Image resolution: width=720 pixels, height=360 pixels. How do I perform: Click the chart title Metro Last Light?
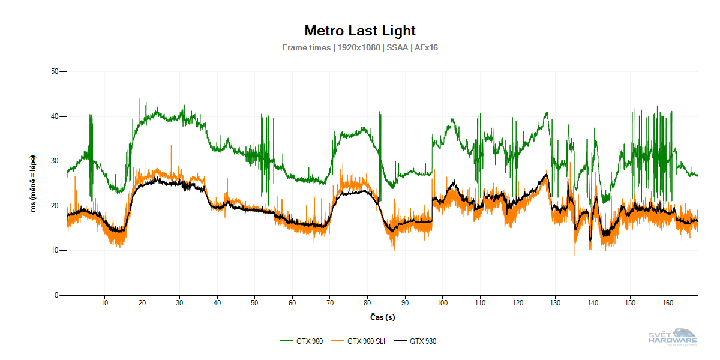click(360, 31)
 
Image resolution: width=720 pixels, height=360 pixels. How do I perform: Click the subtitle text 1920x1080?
click(359, 47)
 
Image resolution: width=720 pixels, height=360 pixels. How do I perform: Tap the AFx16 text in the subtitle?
click(426, 47)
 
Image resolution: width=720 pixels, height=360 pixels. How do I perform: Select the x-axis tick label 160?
click(668, 302)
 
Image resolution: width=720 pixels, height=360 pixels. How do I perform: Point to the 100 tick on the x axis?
click(442, 302)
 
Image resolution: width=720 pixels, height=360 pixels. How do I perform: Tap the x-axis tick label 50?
click(254, 302)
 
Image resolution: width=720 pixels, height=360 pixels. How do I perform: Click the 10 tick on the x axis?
click(104, 302)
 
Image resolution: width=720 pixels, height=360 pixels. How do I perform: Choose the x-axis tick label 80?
click(367, 302)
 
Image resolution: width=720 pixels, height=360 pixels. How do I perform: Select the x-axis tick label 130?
click(555, 302)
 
